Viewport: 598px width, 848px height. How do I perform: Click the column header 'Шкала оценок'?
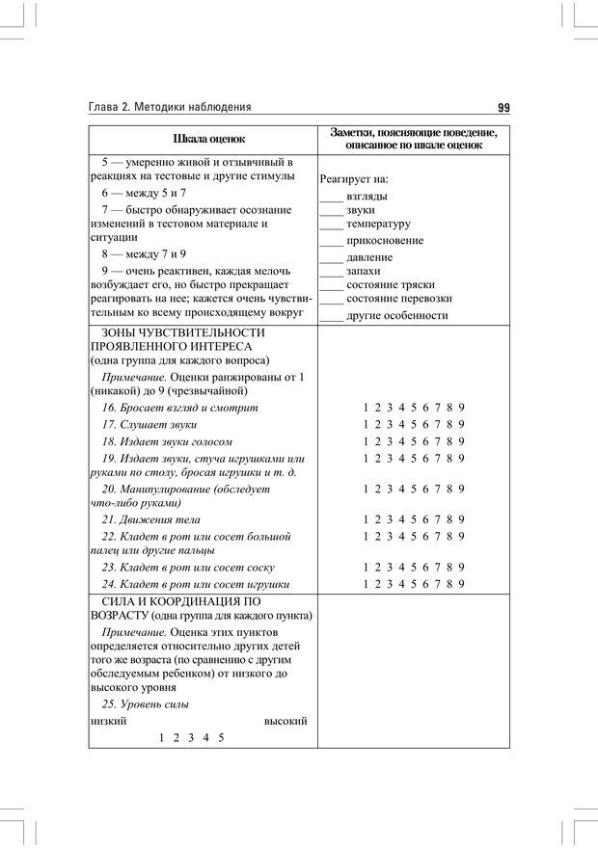(203, 139)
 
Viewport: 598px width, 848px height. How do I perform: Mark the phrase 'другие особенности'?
(396, 315)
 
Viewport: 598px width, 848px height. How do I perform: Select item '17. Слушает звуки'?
(149, 425)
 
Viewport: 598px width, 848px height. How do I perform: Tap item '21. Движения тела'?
(149, 519)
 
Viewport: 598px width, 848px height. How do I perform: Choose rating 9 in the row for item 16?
(462, 408)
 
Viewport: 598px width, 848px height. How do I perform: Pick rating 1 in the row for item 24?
(366, 584)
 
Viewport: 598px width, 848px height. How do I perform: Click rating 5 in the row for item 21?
(414, 519)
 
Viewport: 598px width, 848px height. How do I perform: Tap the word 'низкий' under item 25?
(107, 721)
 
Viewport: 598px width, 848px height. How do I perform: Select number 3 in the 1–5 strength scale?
(191, 738)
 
